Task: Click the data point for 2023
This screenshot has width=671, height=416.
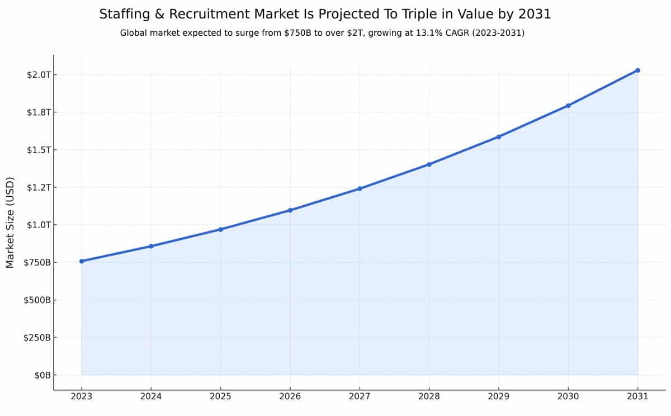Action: (x=82, y=261)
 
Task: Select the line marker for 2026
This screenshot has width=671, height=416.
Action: (x=290, y=210)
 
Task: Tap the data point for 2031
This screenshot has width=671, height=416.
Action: (x=637, y=70)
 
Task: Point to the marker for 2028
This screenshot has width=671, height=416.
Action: (x=429, y=164)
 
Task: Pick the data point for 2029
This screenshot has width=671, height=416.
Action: (x=499, y=136)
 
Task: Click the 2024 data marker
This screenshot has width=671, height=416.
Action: (x=151, y=246)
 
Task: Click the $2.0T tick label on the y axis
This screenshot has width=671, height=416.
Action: (x=39, y=75)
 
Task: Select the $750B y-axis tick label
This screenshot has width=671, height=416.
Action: (x=37, y=263)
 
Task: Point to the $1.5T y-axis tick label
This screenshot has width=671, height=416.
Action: (x=39, y=150)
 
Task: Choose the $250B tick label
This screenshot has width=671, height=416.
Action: (x=37, y=338)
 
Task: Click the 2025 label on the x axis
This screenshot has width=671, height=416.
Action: (x=220, y=396)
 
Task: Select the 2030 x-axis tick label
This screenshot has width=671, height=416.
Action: (x=568, y=396)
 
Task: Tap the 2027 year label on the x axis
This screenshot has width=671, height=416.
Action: (x=360, y=396)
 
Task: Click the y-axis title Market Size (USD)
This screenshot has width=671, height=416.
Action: (x=10, y=223)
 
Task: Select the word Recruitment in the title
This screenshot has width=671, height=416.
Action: (x=202, y=15)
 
